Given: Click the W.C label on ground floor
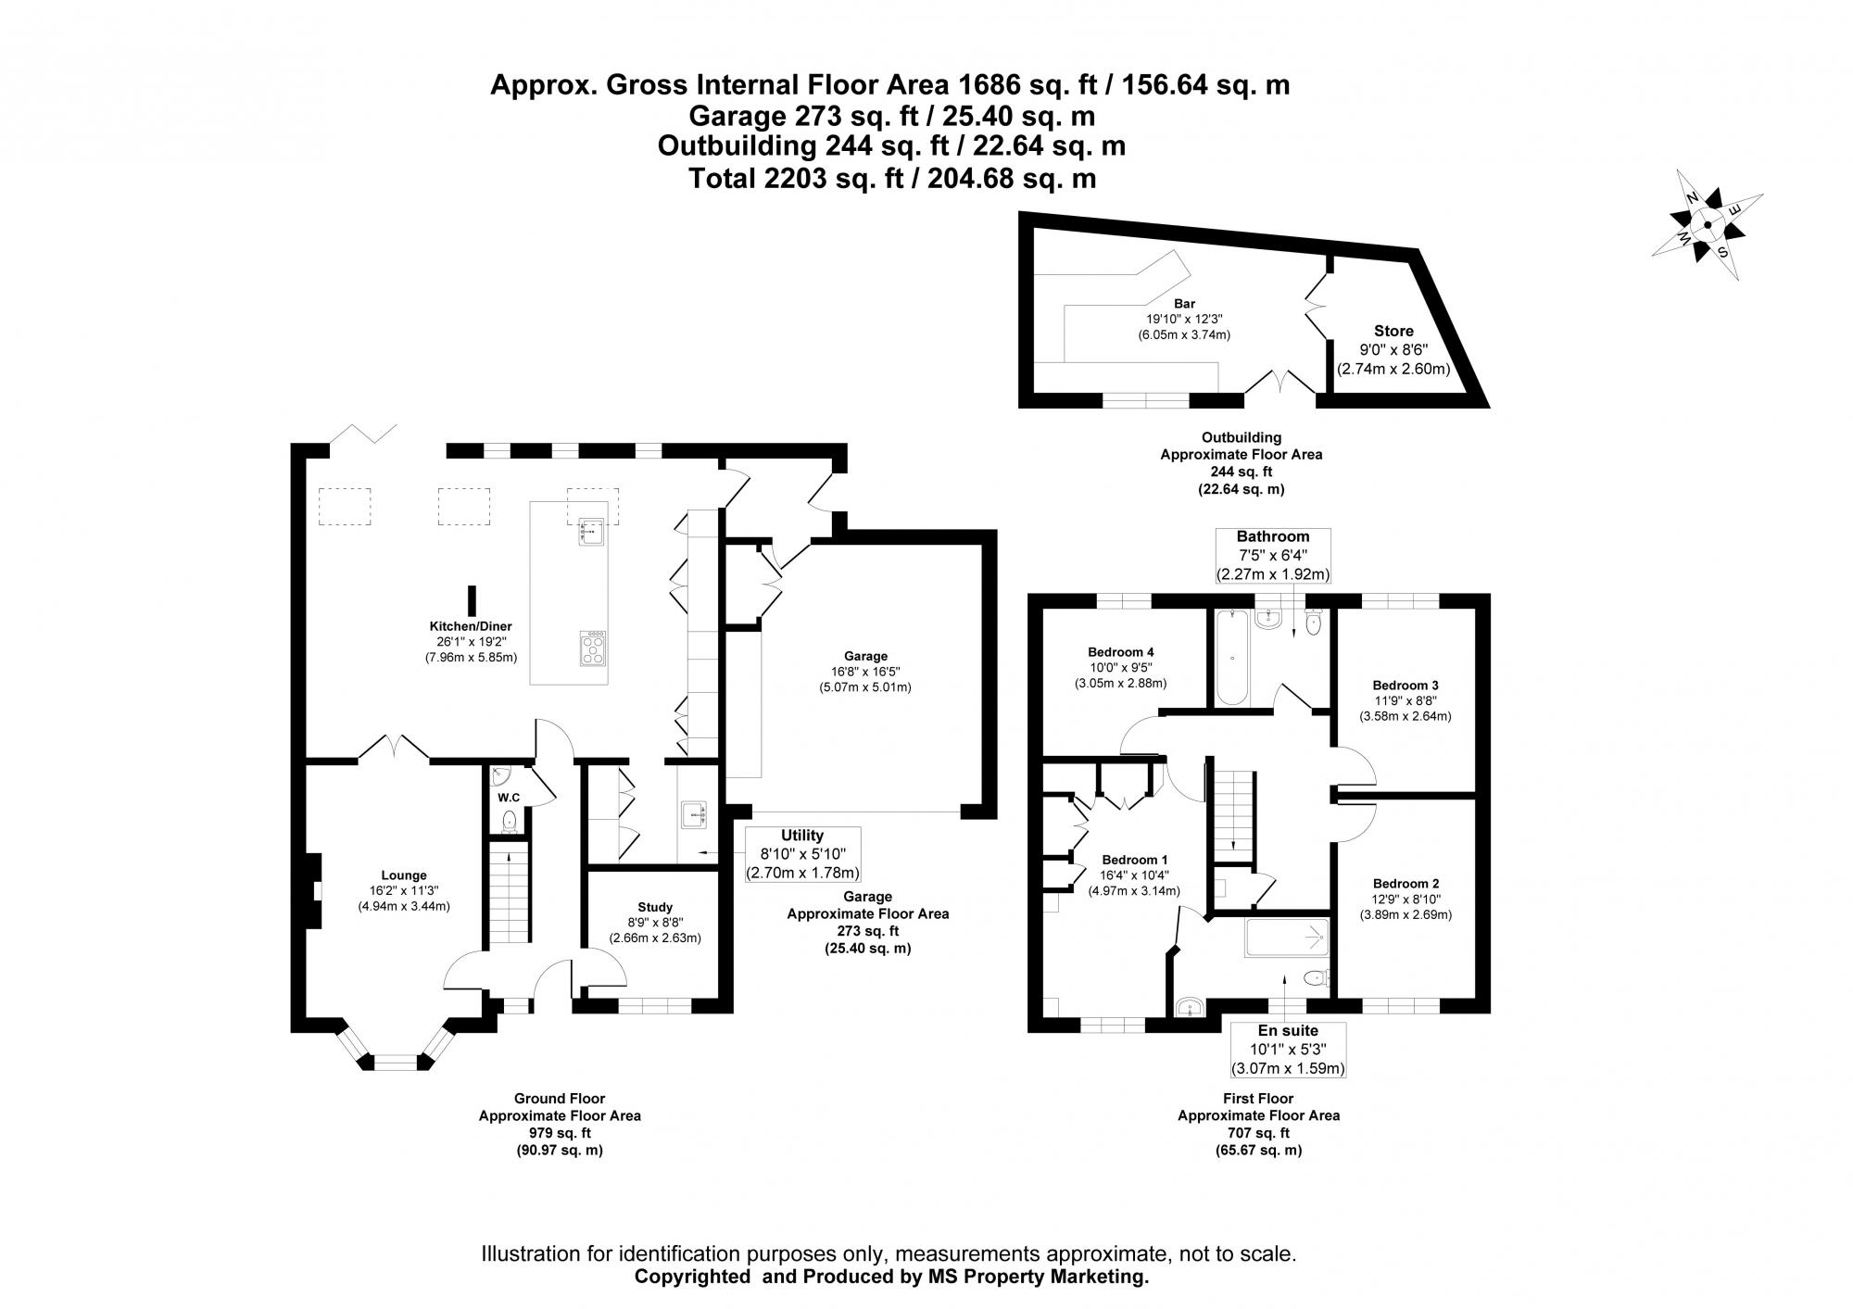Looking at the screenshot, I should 509,798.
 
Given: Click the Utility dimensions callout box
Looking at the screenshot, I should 802,854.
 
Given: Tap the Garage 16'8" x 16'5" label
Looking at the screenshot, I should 865,672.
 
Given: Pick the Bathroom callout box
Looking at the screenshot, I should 1273,555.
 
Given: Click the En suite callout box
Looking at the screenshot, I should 1287,1050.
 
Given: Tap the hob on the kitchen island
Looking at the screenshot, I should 593,648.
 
